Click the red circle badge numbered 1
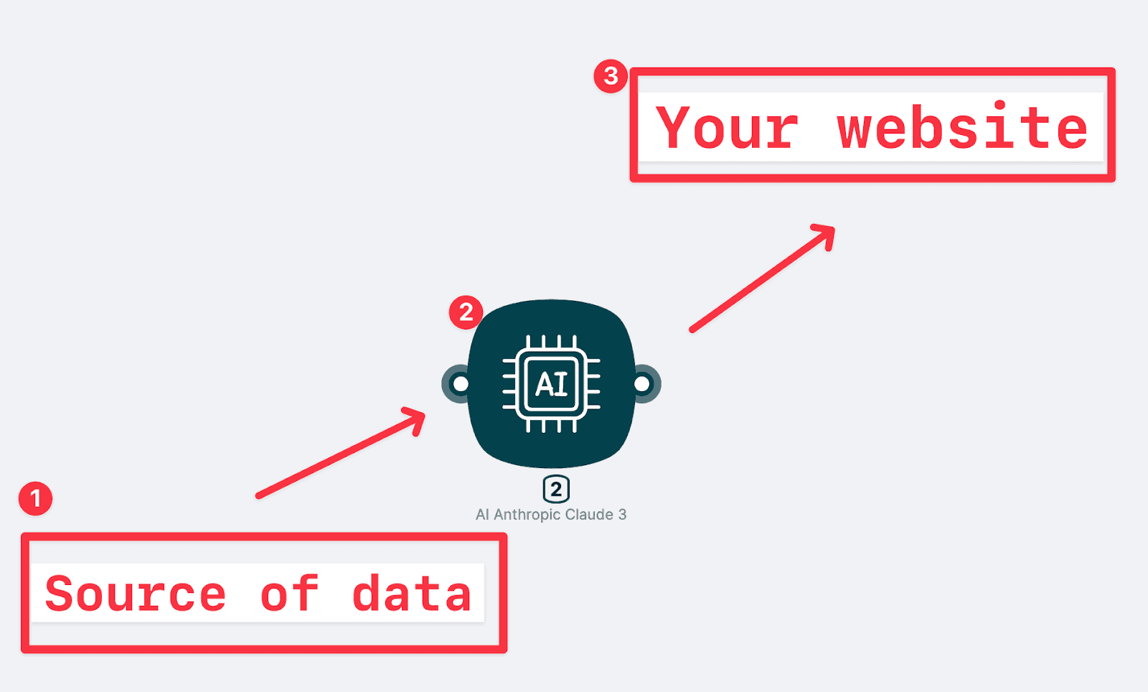[35, 498]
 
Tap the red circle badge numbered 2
[466, 312]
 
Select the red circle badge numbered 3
[611, 76]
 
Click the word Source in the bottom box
[136, 593]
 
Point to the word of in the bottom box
[290, 593]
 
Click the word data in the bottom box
[412, 593]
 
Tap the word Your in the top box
[727, 127]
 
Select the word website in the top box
[962, 126]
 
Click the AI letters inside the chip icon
[552, 384]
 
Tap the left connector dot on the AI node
[460, 384]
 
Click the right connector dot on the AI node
[642, 384]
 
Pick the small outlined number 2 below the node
[556, 489]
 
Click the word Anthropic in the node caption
[527, 514]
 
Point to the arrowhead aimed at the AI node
[415, 419]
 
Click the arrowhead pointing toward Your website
[825, 235]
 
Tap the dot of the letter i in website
[999, 106]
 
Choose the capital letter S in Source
[60, 593]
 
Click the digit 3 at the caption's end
[622, 514]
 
